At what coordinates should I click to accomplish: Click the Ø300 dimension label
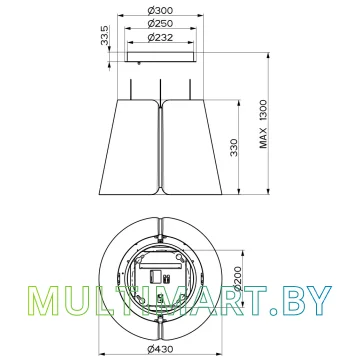click(160, 11)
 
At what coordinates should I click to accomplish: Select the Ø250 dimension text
click(160, 24)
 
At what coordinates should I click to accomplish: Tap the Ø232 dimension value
click(160, 38)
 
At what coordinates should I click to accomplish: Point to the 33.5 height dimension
click(105, 35)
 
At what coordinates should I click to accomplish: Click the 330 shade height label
click(234, 147)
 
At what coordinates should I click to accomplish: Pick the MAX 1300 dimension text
click(264, 124)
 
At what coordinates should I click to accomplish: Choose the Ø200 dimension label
click(237, 279)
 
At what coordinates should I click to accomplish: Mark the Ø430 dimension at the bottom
click(160, 349)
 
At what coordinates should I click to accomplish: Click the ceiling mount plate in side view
click(160, 57)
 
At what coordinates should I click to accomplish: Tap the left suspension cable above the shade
click(131, 89)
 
